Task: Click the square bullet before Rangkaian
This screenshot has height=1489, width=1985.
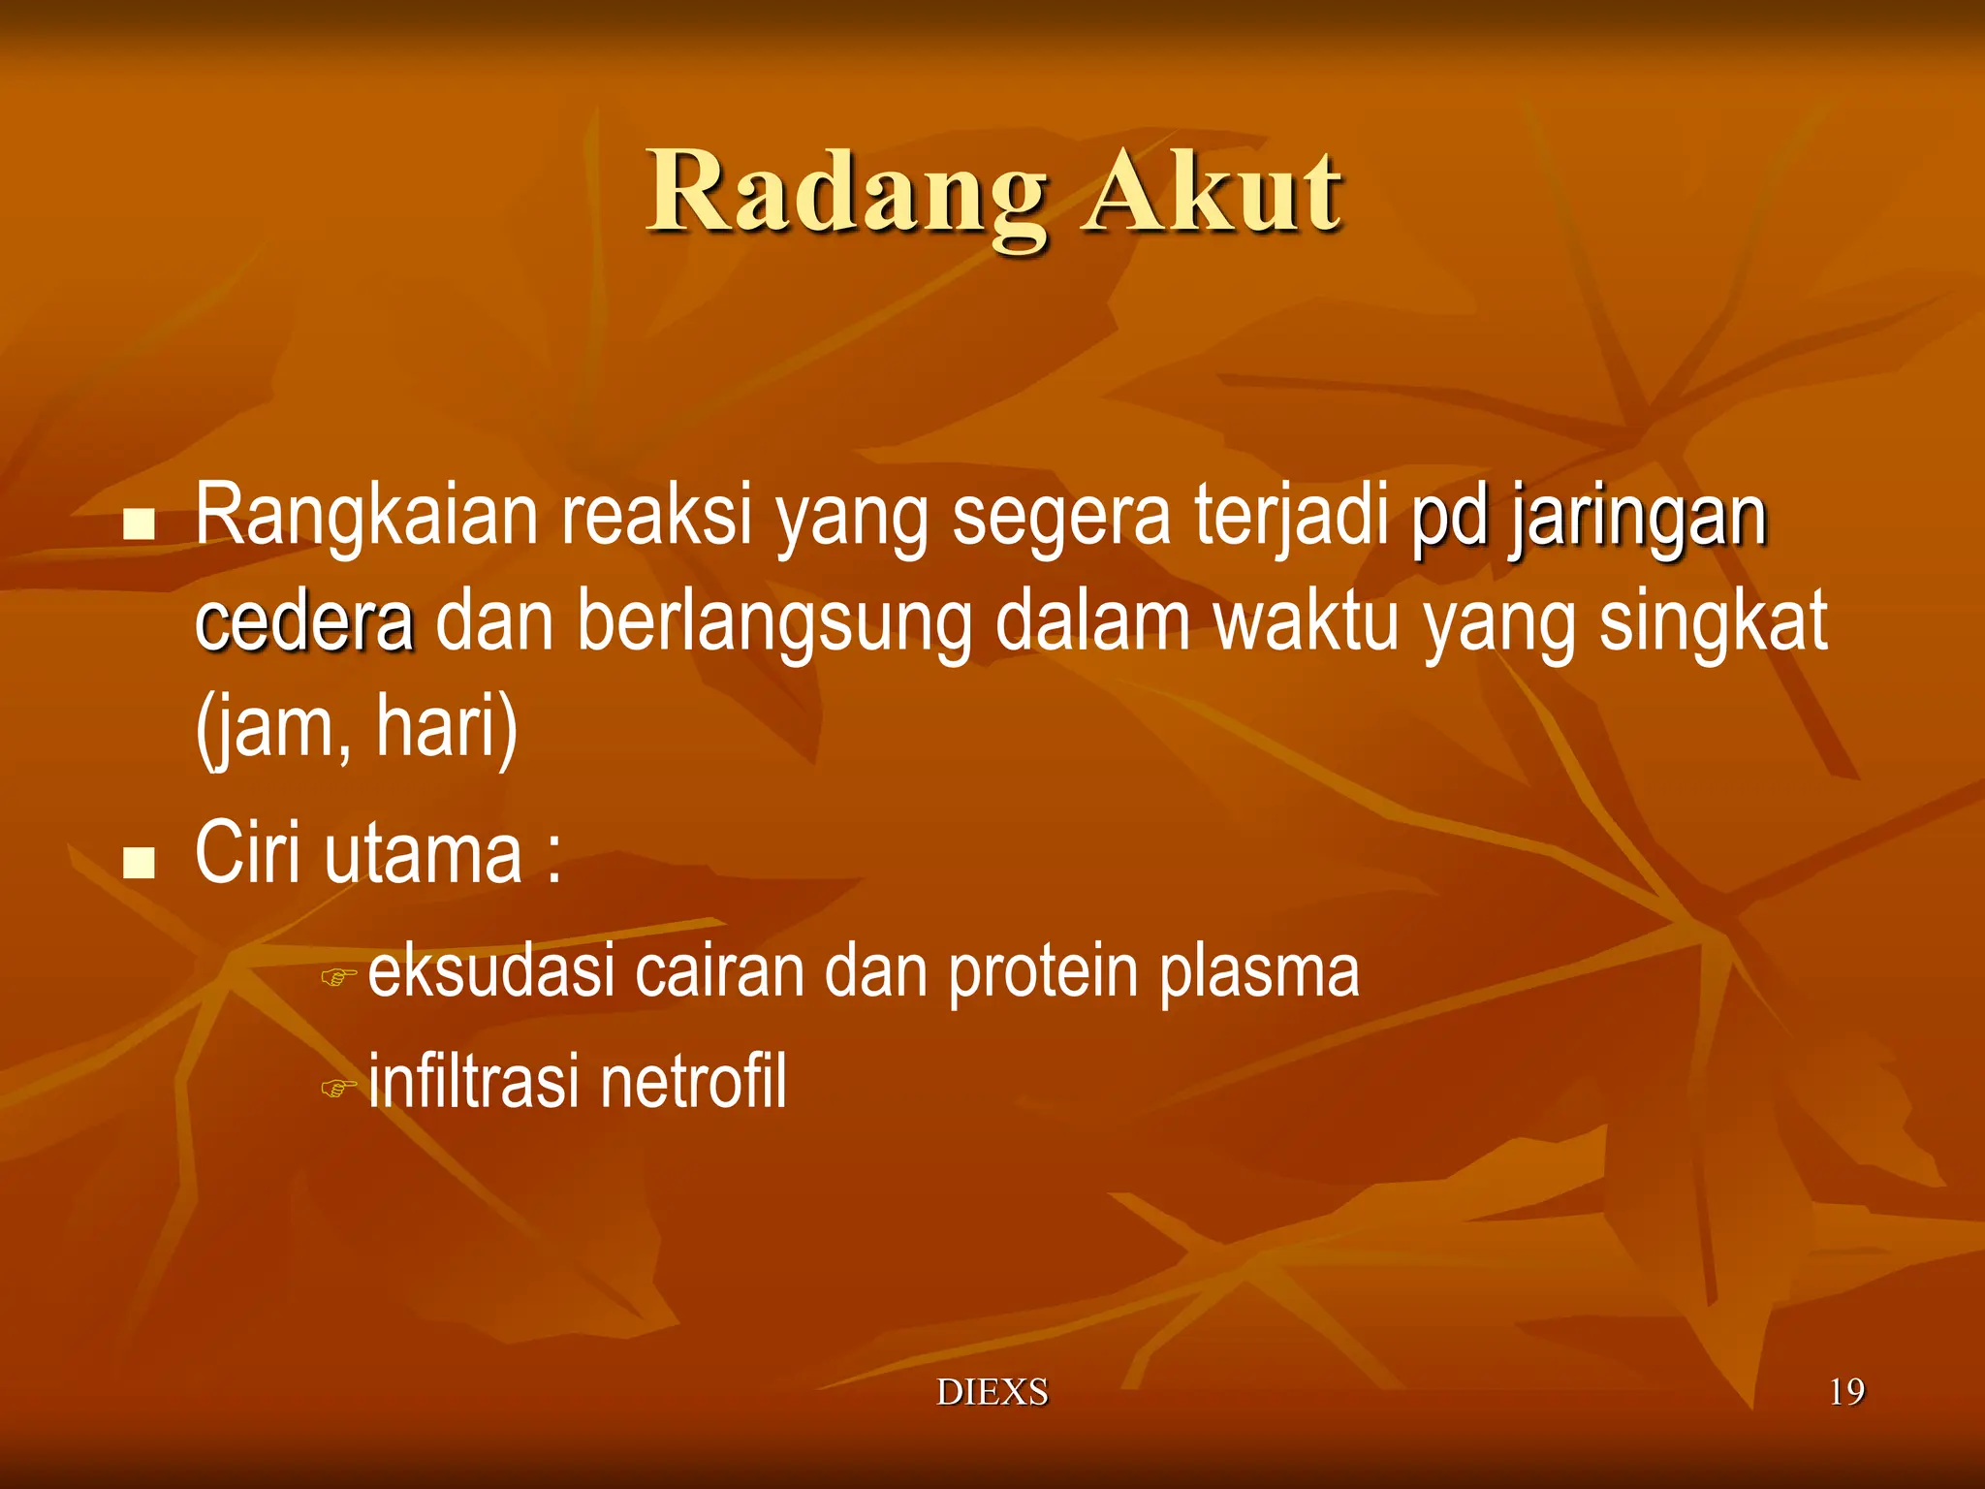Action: pyautogui.click(x=140, y=524)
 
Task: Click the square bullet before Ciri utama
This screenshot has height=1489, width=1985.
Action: pyautogui.click(x=140, y=861)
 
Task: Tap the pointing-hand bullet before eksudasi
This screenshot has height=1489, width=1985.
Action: pyautogui.click(x=338, y=976)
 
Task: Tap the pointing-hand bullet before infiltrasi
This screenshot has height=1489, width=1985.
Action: pyautogui.click(x=338, y=1088)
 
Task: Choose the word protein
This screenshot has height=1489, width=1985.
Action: pyautogui.click(x=1042, y=971)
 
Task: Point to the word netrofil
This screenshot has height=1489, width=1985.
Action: pyautogui.click(x=692, y=1082)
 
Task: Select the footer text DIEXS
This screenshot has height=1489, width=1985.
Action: pyautogui.click(x=992, y=1392)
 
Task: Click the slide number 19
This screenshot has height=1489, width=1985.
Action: pyautogui.click(x=1845, y=1392)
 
